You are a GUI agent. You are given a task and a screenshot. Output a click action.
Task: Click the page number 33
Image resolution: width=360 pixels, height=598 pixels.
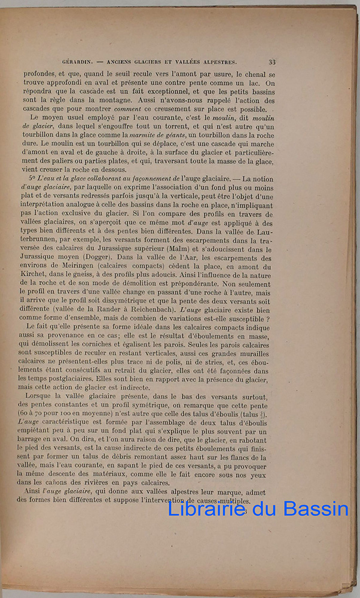pyautogui.click(x=271, y=61)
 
